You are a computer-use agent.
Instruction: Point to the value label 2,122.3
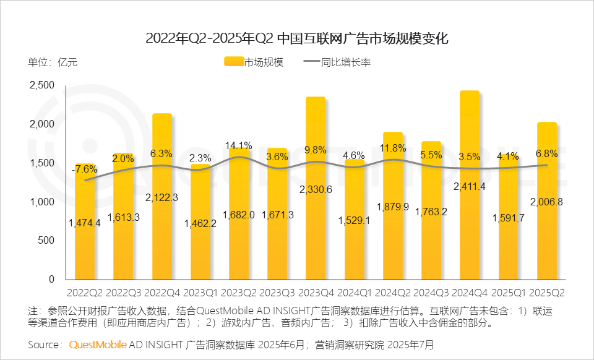tap(162, 197)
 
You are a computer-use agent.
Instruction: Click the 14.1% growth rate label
tap(239, 147)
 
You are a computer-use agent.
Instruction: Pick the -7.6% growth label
tap(84, 169)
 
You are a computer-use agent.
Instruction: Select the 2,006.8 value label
tap(546, 202)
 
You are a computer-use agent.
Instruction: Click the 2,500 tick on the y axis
tap(42, 85)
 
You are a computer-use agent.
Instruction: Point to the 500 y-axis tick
tap(48, 241)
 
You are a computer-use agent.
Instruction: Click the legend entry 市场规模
tap(253, 62)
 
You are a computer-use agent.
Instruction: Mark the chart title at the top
tap(296, 38)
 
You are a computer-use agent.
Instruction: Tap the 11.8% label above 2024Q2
tap(393, 148)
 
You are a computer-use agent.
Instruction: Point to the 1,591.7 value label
tap(508, 217)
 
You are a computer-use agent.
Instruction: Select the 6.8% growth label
tap(546, 153)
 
